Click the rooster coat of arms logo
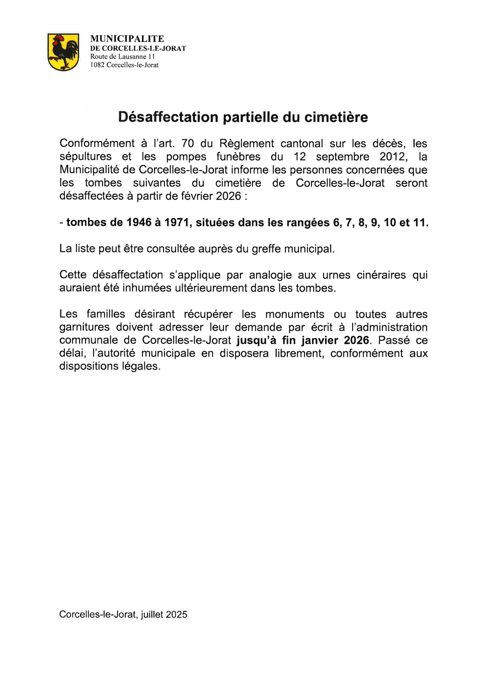point(63,52)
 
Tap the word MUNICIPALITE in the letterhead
point(127,39)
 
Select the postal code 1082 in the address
point(97,65)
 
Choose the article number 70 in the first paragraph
point(187,143)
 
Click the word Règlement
point(247,143)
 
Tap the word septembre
point(342,157)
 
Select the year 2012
point(393,157)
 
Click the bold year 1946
point(139,222)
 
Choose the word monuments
point(294,314)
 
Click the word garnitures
point(84,327)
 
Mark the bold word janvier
point(319,340)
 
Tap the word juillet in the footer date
point(152,615)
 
